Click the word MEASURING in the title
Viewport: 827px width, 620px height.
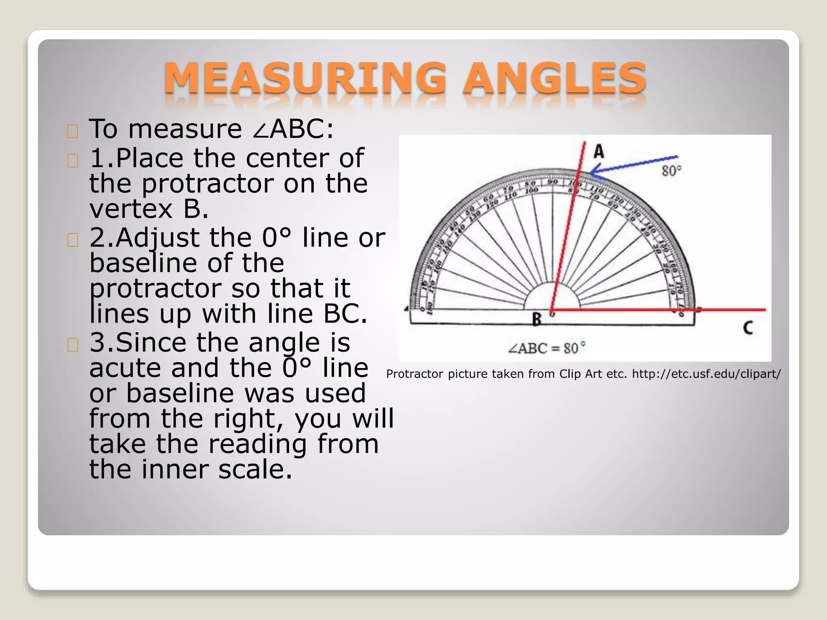point(305,78)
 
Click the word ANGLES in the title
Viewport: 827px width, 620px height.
point(554,78)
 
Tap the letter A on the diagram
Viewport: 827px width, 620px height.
point(599,152)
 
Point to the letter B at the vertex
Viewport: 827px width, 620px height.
point(536,319)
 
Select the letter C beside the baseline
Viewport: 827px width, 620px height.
point(748,327)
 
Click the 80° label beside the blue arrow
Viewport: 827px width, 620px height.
point(672,171)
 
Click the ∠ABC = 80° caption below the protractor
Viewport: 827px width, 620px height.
point(547,348)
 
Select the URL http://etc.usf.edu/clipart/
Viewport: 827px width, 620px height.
point(706,374)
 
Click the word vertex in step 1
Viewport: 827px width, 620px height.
point(131,209)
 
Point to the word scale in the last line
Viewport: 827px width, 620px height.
point(255,469)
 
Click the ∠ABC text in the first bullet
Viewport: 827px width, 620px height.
point(292,129)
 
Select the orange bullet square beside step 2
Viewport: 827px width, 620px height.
point(73,240)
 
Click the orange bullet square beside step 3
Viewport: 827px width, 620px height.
point(73,345)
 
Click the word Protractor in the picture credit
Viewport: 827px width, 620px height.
point(415,374)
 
